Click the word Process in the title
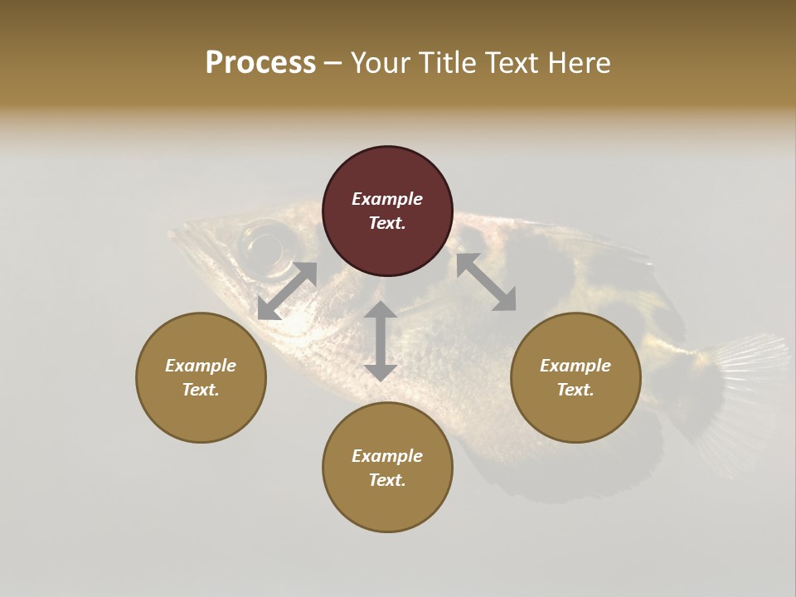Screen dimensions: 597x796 (260, 63)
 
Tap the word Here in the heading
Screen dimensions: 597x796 (577, 63)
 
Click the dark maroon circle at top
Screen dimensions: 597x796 (387, 211)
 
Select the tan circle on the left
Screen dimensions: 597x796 (201, 377)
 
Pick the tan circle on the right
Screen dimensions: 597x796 (575, 377)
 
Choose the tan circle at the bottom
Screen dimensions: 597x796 (387, 468)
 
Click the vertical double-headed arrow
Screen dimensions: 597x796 (381, 341)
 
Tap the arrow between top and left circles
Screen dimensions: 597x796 (287, 291)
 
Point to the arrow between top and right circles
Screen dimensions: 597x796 (486, 282)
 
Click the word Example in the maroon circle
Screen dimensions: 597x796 (387, 199)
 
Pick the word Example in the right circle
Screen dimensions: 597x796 (575, 366)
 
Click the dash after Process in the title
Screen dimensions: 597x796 (332, 63)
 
